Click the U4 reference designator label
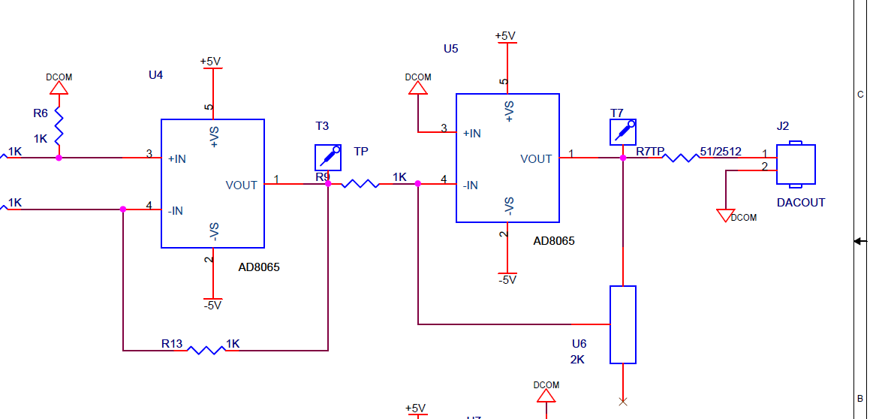[155, 75]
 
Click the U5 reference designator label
[450, 49]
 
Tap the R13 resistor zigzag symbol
[206, 350]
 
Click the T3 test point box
[328, 158]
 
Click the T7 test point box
[622, 131]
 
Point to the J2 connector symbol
[796, 164]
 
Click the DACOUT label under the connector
[800, 203]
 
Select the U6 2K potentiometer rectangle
[622, 324]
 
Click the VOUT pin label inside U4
[241, 185]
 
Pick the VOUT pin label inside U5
[536, 159]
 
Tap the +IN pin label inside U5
[472, 134]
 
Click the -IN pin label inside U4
[174, 211]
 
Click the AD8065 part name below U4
[259, 267]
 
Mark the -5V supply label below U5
[507, 280]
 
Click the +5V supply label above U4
[210, 62]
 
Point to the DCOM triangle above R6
[59, 88]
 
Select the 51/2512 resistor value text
[721, 152]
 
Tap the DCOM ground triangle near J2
[725, 216]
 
